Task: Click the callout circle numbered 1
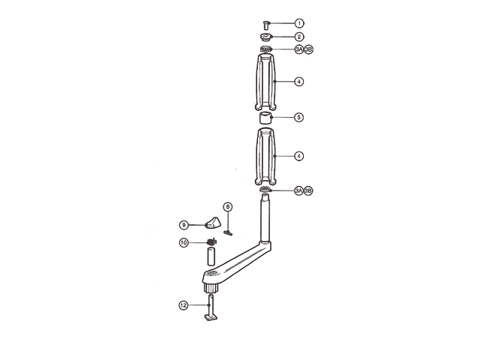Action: click(x=298, y=24)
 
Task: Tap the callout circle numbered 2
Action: click(x=298, y=36)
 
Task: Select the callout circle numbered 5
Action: click(x=298, y=118)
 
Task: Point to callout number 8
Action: click(x=228, y=206)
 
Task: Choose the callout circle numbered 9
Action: click(x=183, y=223)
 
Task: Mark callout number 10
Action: click(x=183, y=242)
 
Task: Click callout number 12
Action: click(x=183, y=305)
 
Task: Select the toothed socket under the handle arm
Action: click(x=211, y=286)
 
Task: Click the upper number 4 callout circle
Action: click(x=298, y=81)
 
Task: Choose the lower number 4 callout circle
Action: click(x=298, y=156)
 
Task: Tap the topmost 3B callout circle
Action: click(x=307, y=49)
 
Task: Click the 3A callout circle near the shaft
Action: click(x=298, y=191)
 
